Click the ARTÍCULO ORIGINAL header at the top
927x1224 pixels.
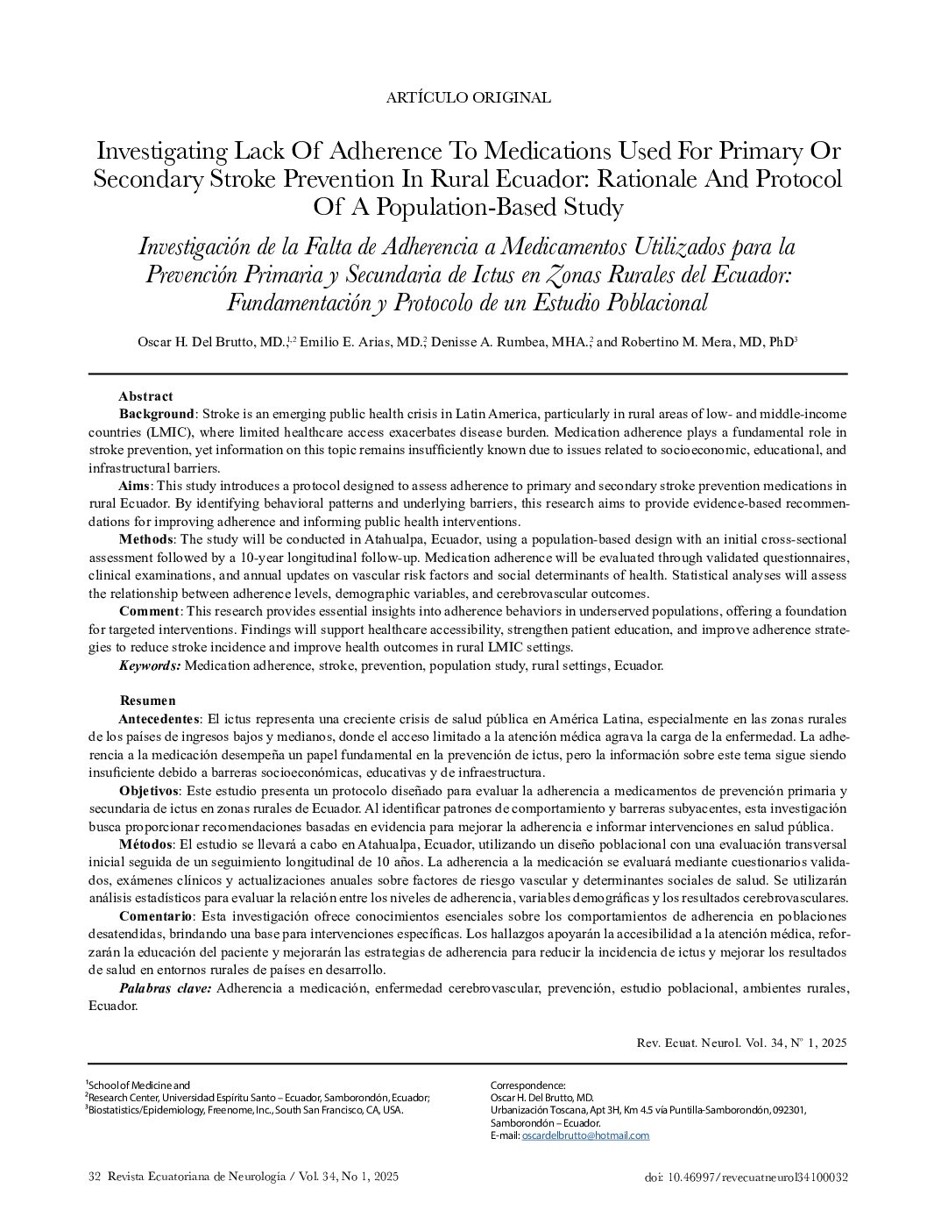click(x=468, y=97)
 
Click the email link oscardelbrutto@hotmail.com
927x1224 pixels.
click(x=585, y=1135)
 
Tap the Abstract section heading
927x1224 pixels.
click(x=145, y=396)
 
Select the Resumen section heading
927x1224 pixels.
click(x=147, y=701)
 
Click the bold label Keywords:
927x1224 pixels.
click(x=150, y=665)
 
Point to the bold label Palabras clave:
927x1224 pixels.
click(x=165, y=989)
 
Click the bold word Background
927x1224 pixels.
click(x=156, y=413)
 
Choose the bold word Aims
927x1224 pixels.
click(x=135, y=486)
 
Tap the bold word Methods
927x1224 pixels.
click(x=146, y=538)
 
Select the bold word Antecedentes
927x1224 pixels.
click(x=159, y=719)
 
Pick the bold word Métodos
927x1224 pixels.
click(x=145, y=844)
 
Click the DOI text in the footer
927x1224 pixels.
click(x=745, y=1178)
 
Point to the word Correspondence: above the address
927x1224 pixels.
click(x=527, y=1085)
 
